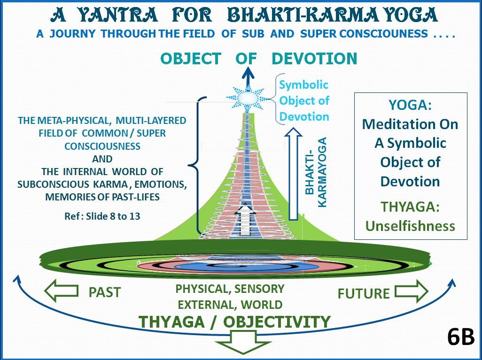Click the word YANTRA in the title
pyautogui.click(x=117, y=15)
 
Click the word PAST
pyautogui.click(x=104, y=292)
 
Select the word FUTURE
pyautogui.click(x=364, y=294)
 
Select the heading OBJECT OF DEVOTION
pyautogui.click(x=259, y=59)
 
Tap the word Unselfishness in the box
pyautogui.click(x=410, y=226)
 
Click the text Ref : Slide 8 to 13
pyautogui.click(x=101, y=217)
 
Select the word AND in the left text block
pyautogui.click(x=102, y=159)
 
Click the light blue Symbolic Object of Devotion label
pyautogui.click(x=303, y=100)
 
